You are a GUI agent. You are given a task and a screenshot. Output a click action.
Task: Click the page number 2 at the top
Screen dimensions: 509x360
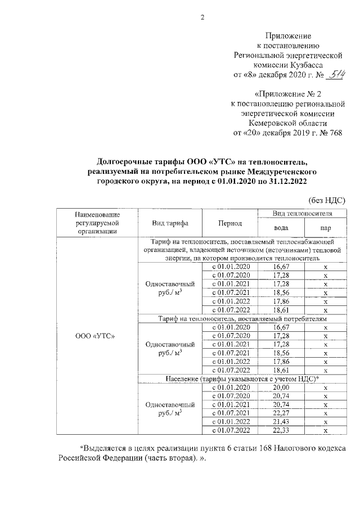tap(186, 17)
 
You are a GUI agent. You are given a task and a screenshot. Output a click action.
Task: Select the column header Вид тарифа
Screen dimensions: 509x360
tap(170, 223)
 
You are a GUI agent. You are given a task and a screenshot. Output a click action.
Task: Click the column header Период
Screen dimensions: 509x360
tap(231, 223)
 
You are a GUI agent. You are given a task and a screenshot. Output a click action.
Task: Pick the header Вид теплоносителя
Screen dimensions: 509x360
tap(301, 214)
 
